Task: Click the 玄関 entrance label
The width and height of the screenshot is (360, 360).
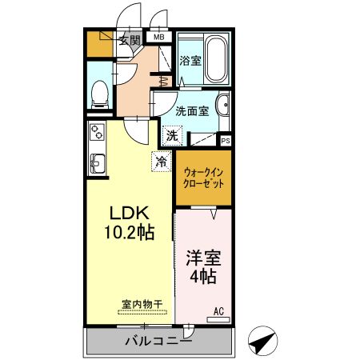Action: click(x=130, y=39)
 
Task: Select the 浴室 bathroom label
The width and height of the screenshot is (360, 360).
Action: click(x=190, y=61)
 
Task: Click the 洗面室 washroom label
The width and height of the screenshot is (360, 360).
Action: click(x=192, y=111)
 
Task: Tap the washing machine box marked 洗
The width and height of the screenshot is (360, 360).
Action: click(x=173, y=135)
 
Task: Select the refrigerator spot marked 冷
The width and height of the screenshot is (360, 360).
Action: click(x=162, y=162)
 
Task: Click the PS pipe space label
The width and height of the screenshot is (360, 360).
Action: click(x=226, y=141)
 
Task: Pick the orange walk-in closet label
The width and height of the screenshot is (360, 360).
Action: click(x=203, y=177)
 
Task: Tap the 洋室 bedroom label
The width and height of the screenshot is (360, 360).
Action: click(x=204, y=259)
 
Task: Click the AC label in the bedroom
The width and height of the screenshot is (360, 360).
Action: click(x=218, y=311)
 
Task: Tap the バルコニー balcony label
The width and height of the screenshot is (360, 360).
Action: click(x=158, y=342)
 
